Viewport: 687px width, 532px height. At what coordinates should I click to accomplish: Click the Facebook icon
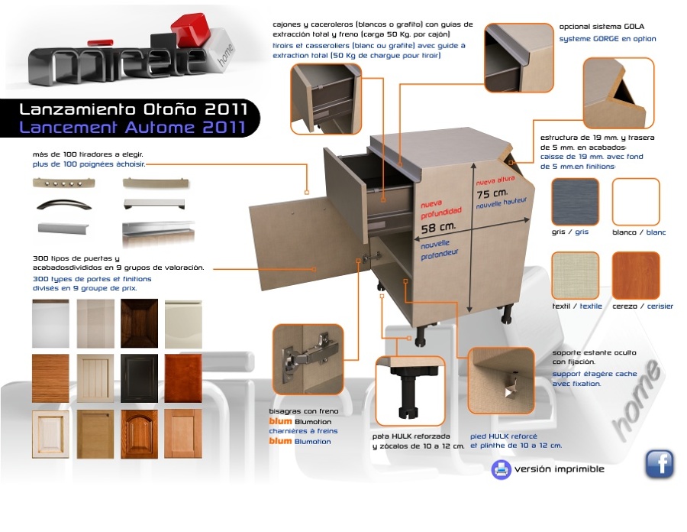[660, 463]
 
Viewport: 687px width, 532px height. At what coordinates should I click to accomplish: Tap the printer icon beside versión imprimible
[502, 469]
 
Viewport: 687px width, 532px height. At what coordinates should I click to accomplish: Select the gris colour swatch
[575, 202]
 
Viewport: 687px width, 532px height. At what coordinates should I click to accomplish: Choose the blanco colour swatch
[636, 202]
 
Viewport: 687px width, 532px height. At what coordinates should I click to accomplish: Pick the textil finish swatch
[575, 275]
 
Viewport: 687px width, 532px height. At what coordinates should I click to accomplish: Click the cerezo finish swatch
[636, 275]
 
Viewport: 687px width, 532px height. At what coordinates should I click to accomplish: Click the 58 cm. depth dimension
[438, 228]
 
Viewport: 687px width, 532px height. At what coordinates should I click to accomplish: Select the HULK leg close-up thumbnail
[411, 391]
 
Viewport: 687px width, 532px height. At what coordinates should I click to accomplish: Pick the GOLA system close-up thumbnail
[519, 58]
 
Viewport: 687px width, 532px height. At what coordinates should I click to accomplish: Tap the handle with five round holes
[64, 183]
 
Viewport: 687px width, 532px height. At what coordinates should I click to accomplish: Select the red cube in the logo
[192, 29]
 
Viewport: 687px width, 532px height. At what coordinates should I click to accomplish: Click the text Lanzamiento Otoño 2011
[133, 109]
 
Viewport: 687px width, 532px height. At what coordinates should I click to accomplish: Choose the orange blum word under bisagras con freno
[280, 421]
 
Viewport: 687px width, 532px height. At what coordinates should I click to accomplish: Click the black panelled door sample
[140, 378]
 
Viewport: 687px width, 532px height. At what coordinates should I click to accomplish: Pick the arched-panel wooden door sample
[140, 434]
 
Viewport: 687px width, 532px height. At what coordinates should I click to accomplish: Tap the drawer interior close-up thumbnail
[326, 99]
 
